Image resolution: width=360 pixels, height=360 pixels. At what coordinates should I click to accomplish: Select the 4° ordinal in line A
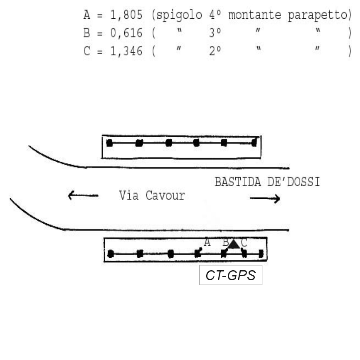pyautogui.click(x=215, y=15)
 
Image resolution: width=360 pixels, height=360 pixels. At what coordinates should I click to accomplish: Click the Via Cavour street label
pyautogui.click(x=152, y=195)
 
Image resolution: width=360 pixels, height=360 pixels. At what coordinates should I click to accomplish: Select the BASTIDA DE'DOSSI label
pyautogui.click(x=267, y=182)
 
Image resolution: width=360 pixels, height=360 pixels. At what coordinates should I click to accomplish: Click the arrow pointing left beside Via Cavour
pyautogui.click(x=83, y=195)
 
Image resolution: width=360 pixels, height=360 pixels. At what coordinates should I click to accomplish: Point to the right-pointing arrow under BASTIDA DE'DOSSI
pyautogui.click(x=265, y=199)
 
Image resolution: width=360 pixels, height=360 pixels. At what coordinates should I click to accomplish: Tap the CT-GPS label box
pyautogui.click(x=231, y=275)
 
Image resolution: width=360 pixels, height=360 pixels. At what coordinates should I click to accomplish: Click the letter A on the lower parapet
pyautogui.click(x=207, y=242)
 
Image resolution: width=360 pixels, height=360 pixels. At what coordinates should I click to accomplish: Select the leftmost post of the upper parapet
pyautogui.click(x=110, y=143)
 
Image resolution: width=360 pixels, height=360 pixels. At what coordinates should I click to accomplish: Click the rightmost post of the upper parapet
pyautogui.click(x=254, y=143)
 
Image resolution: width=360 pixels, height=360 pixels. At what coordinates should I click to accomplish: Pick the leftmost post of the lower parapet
pyautogui.click(x=111, y=254)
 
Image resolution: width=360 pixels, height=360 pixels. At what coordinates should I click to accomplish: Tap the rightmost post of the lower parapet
pyautogui.click(x=261, y=253)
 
